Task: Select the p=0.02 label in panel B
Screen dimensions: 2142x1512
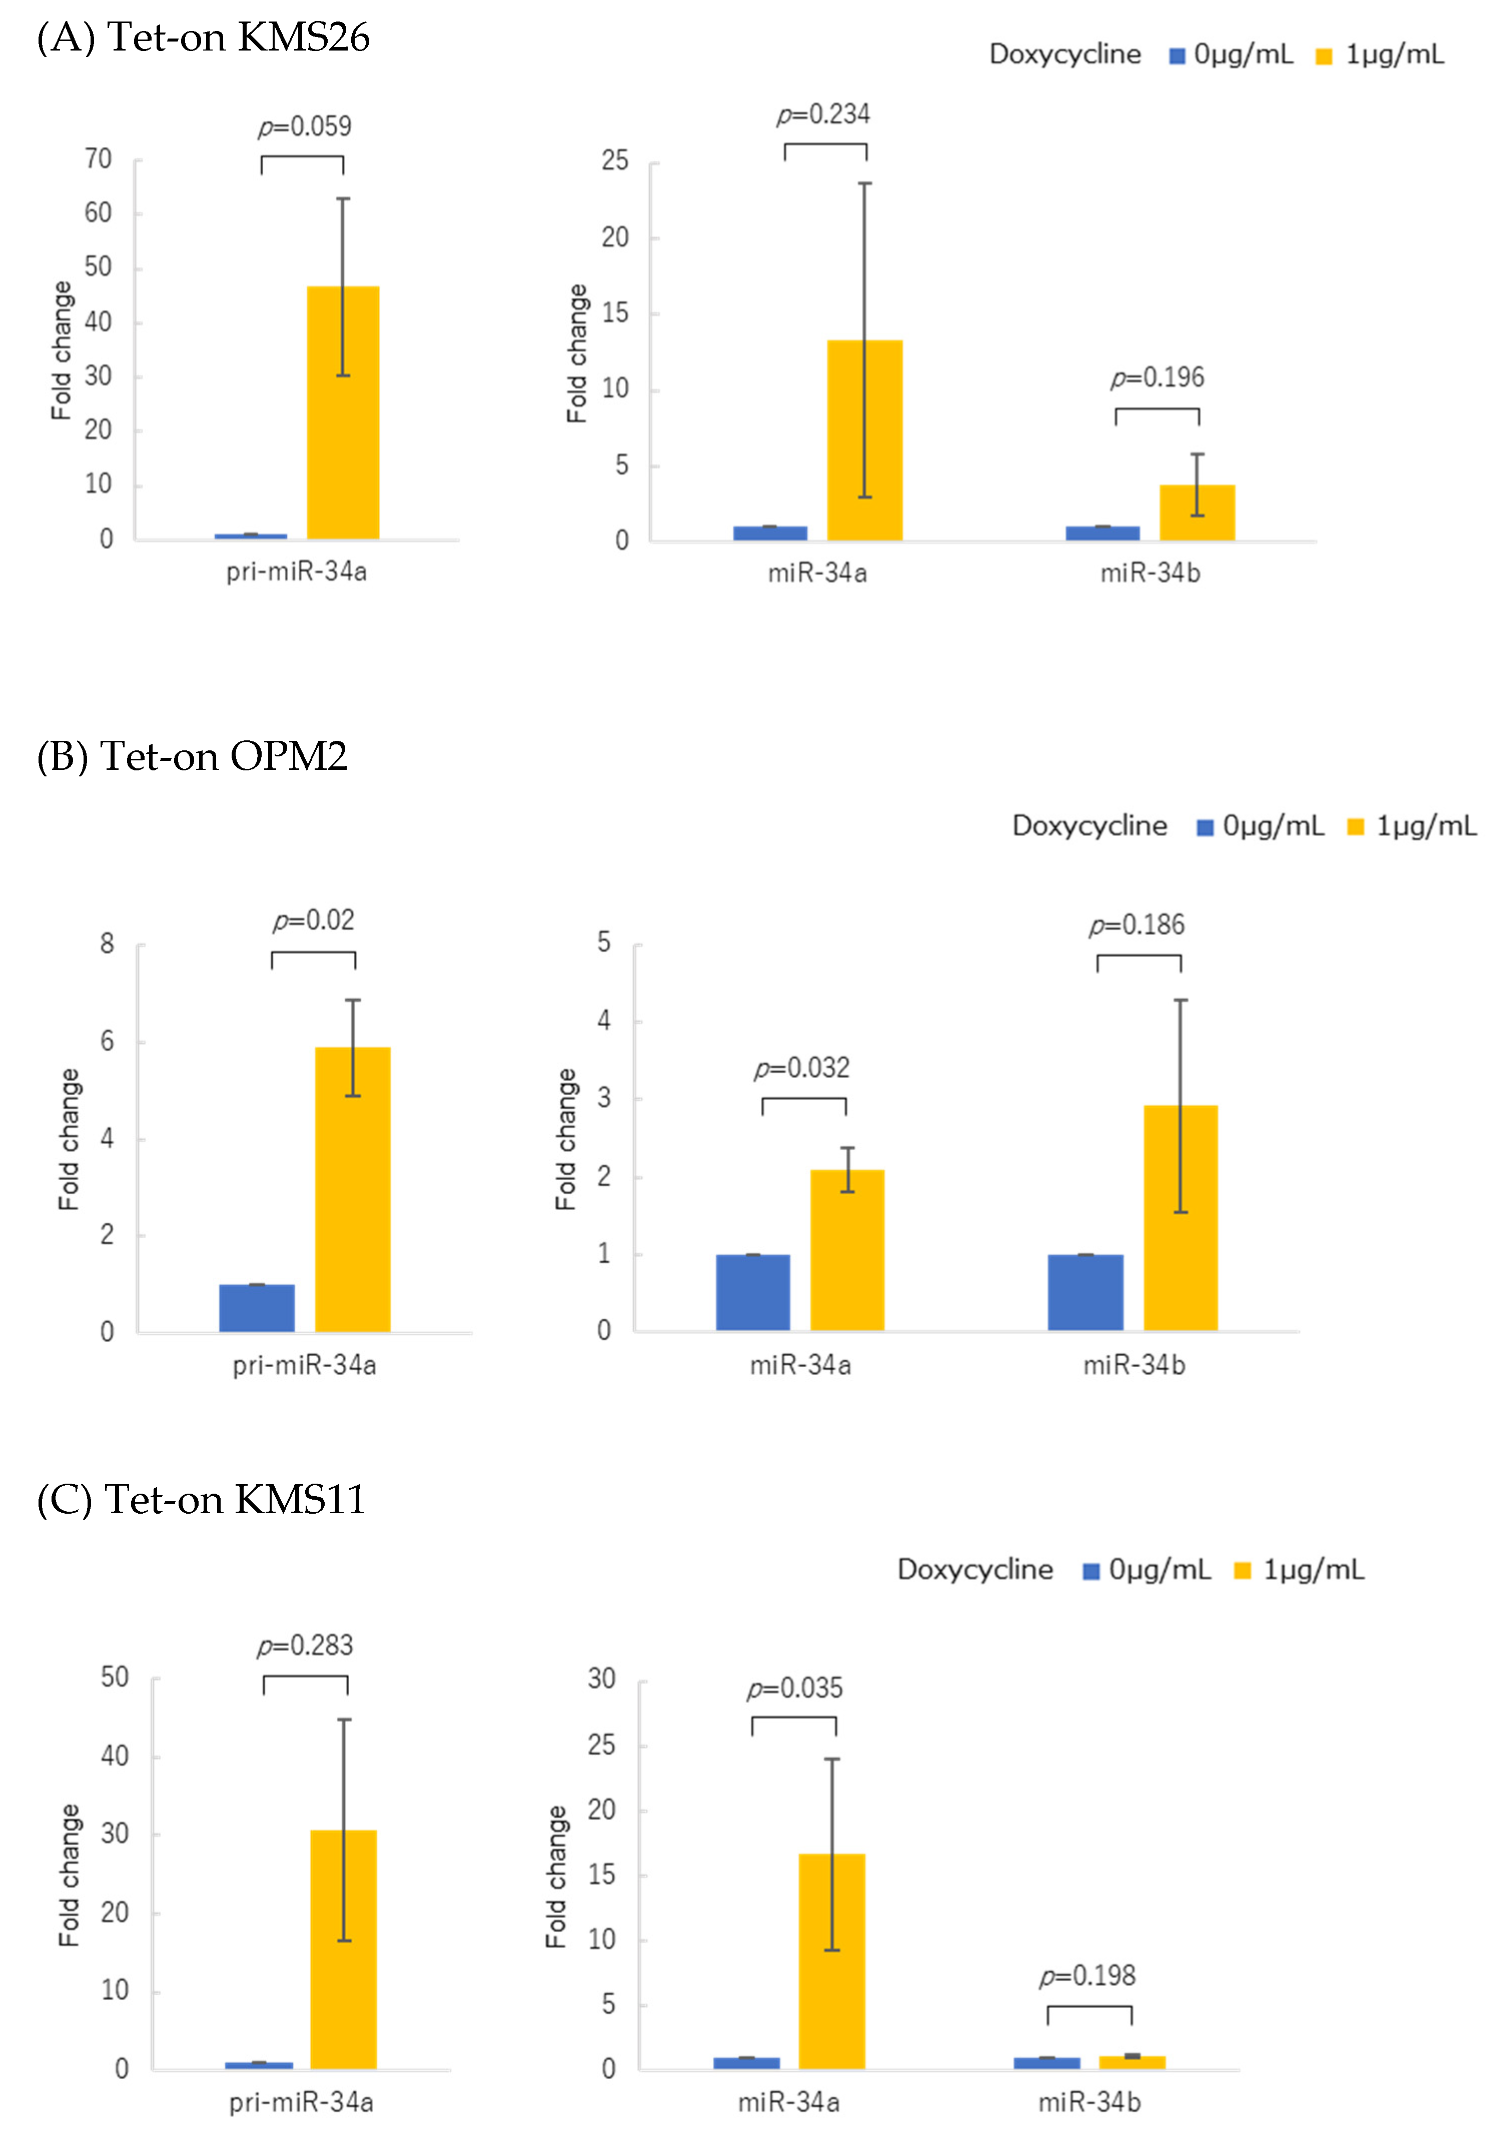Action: pos(314,921)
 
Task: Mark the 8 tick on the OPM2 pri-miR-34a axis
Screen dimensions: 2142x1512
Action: pos(108,944)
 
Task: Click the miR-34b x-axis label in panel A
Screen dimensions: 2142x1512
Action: pos(1150,573)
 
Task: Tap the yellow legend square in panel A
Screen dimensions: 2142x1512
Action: pos(1323,56)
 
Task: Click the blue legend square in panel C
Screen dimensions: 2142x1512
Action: pos(1090,1571)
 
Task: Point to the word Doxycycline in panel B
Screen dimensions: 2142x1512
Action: pos(1089,826)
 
